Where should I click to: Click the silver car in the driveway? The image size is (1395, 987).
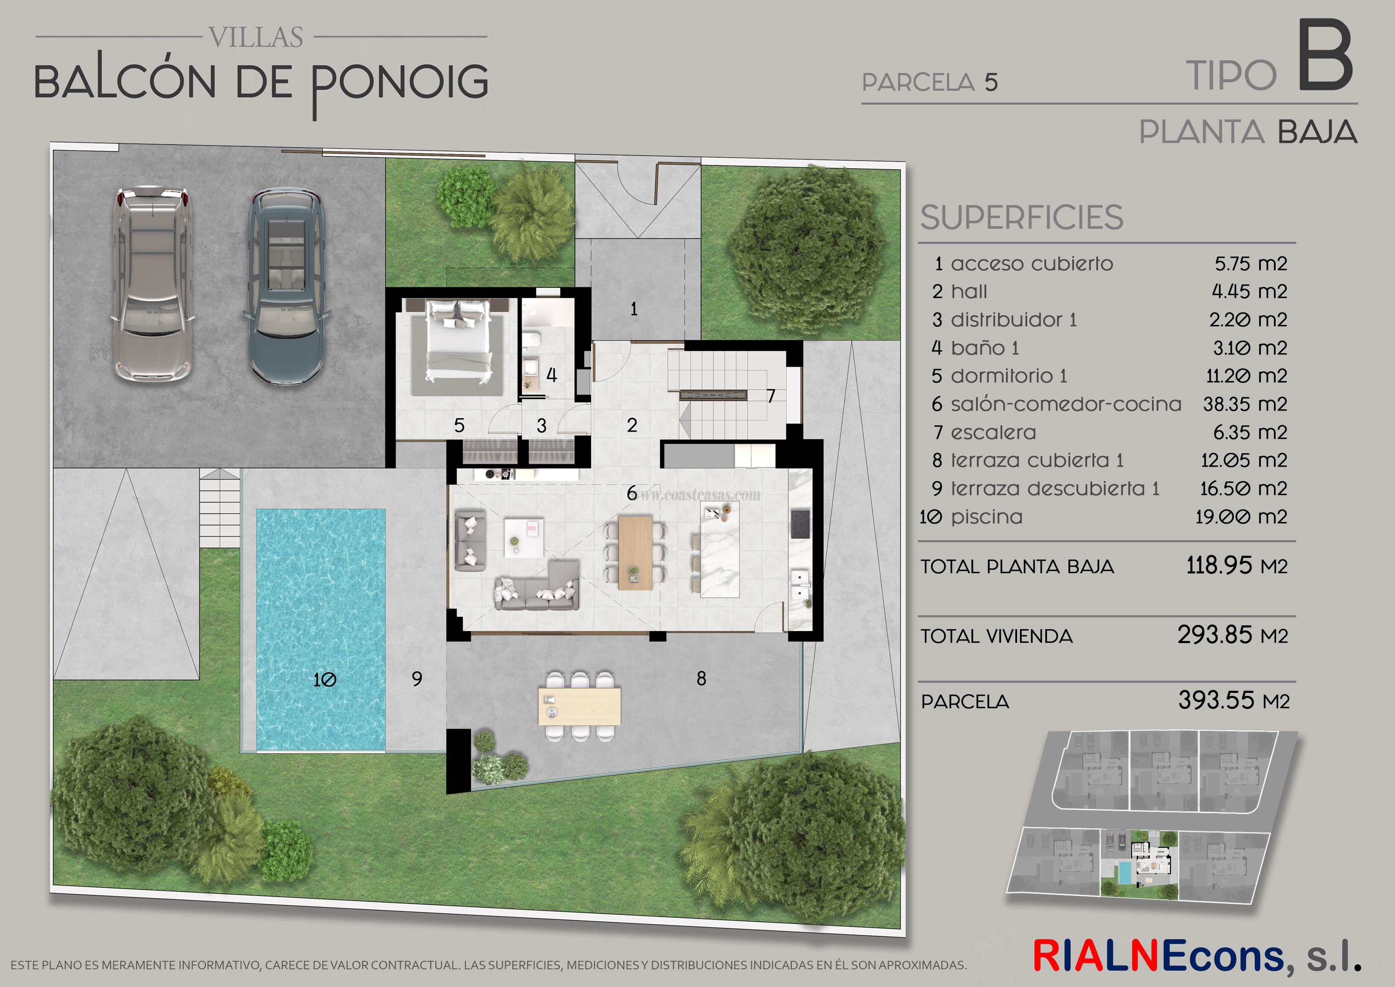coord(153,284)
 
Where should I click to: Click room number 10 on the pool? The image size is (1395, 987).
coord(324,679)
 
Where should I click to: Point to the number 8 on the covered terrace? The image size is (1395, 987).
coord(701,678)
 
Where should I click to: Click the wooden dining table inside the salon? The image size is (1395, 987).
coord(636,552)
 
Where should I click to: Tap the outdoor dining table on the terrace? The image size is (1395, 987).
coord(580,706)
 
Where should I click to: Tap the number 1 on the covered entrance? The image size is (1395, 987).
coord(634,309)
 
